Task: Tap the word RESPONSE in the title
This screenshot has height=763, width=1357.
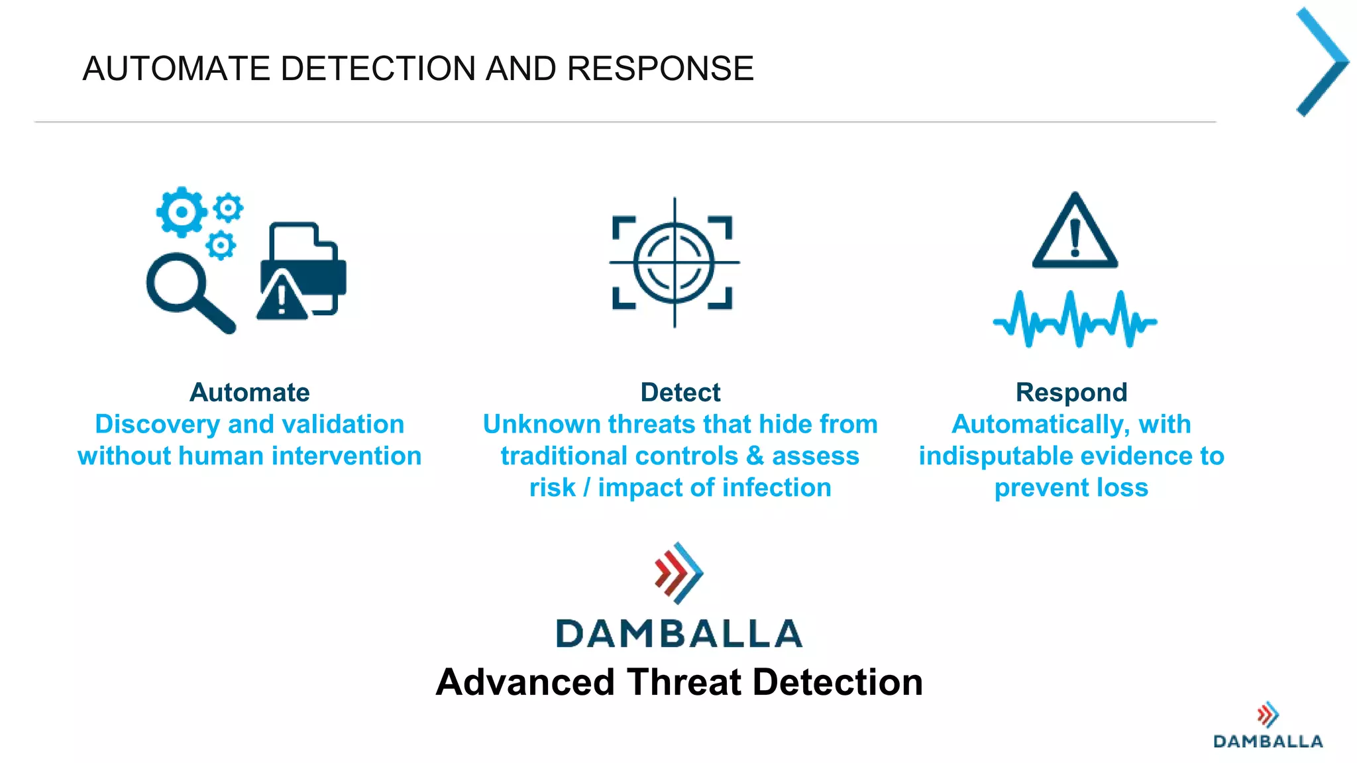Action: click(660, 69)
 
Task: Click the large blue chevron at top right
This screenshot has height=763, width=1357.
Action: click(1323, 62)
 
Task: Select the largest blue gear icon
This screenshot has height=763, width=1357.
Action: click(181, 212)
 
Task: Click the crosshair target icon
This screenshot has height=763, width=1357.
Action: click(675, 263)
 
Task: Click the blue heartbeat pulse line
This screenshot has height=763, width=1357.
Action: click(1075, 321)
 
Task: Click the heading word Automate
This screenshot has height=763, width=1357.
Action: click(250, 392)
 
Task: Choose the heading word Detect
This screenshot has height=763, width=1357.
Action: click(680, 392)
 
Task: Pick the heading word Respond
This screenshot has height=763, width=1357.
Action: click(1071, 392)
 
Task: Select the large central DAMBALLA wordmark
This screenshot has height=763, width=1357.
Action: click(679, 633)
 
